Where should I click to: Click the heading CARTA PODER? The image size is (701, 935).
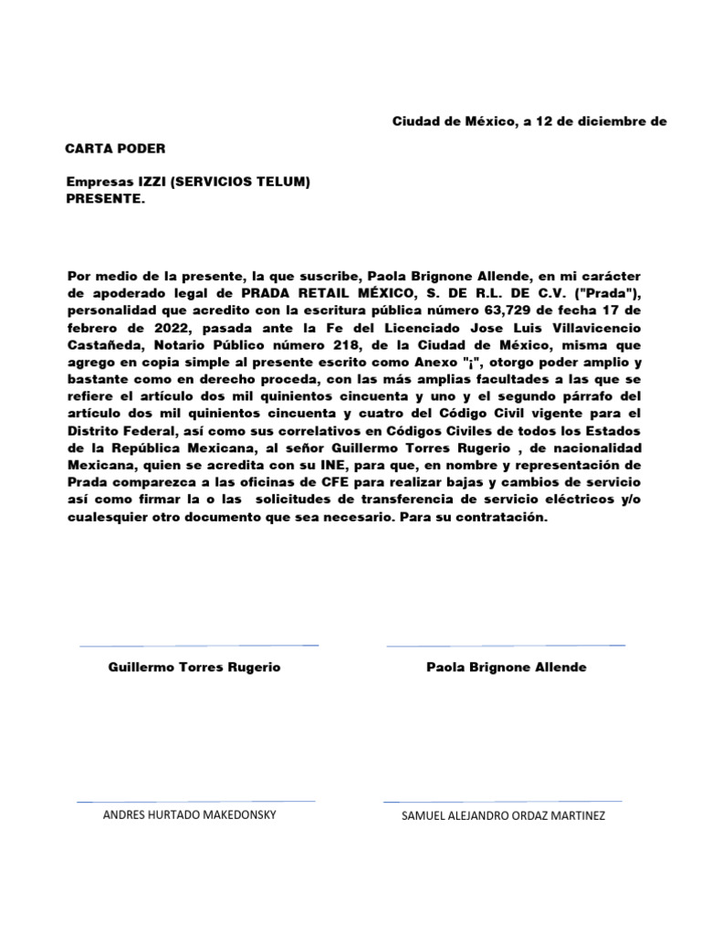116,148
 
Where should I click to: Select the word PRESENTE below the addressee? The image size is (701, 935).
104,198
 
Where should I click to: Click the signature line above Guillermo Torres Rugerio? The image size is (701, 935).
199,646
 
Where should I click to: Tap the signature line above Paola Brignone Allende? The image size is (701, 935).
506,646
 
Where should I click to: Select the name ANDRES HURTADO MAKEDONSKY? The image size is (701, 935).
190,814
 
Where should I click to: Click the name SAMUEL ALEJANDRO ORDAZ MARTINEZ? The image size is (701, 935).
503,815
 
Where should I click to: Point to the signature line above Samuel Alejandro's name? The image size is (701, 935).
503,801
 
